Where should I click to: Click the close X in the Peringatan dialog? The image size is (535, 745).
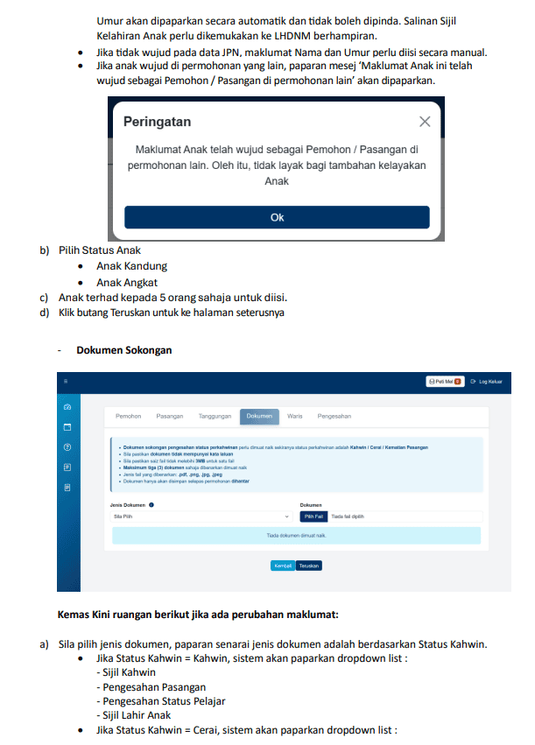pos(425,122)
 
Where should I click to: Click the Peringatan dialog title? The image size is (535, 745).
pos(157,122)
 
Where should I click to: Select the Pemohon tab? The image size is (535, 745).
pos(129,416)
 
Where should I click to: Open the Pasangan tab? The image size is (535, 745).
pos(170,416)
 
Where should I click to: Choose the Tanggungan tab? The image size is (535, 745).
pos(215,416)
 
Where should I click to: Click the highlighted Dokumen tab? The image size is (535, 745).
pos(259,416)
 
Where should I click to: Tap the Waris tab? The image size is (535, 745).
pos(294,416)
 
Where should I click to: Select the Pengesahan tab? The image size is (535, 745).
pos(334,416)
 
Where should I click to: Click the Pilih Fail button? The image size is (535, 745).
pos(314,517)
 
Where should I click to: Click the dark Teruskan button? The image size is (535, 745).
pos(309,566)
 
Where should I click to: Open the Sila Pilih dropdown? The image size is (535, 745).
pos(201,517)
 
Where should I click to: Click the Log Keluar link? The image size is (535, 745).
pos(487,382)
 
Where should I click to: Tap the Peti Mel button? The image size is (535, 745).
pos(444,382)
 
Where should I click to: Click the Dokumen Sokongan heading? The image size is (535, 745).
pos(123,350)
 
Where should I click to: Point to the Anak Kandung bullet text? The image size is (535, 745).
pos(131,266)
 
